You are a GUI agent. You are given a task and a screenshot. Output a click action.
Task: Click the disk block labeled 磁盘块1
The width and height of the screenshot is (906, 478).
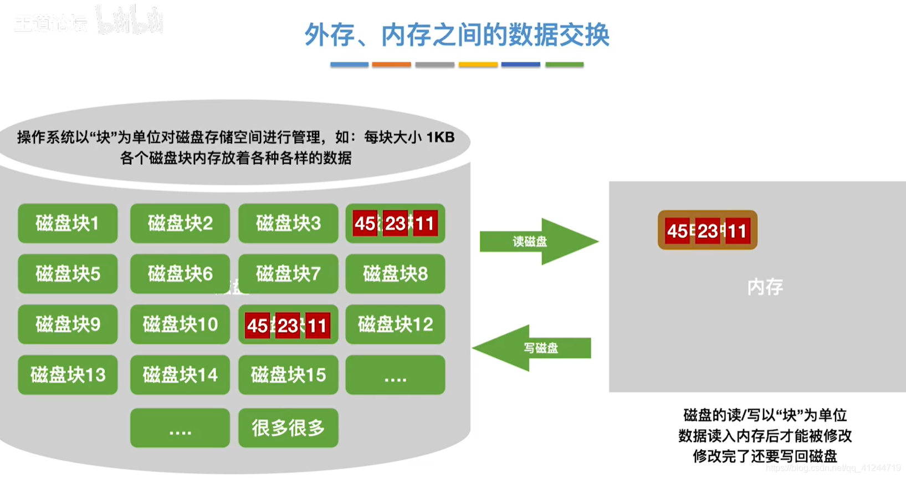[68, 223]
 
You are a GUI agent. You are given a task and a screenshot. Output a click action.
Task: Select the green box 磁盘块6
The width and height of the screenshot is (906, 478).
[180, 274]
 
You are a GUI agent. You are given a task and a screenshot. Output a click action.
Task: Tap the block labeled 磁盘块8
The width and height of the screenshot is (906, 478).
[395, 274]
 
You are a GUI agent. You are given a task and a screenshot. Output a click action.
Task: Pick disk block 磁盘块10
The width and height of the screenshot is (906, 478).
[180, 324]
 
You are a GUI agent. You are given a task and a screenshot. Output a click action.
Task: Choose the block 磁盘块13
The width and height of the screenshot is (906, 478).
[68, 375]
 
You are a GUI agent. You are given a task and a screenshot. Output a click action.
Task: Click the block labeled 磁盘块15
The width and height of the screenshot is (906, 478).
[288, 375]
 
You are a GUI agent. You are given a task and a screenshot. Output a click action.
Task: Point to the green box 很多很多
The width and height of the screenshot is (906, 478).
[288, 428]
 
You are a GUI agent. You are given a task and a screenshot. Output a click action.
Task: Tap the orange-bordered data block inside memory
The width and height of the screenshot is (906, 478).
[707, 230]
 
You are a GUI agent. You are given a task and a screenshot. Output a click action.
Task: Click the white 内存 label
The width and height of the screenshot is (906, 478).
[765, 287]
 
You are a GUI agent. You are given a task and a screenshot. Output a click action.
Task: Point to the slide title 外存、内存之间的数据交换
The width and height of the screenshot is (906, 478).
[457, 34]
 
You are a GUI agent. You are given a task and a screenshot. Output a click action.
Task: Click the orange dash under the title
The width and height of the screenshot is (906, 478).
[391, 65]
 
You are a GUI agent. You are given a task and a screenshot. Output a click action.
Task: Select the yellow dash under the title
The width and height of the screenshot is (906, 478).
[478, 65]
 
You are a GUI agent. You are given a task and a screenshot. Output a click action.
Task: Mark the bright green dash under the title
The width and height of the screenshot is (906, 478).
[564, 65]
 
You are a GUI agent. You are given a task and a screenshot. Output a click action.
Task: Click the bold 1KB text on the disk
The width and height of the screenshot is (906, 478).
[440, 137]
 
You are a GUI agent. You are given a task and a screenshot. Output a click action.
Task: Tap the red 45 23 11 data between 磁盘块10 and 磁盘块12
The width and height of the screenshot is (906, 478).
[288, 325]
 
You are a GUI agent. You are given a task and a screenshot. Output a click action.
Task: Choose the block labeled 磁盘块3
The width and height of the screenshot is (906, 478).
[288, 223]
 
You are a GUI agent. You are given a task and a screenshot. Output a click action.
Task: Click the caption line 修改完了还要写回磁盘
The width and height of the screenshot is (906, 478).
[765, 456]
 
